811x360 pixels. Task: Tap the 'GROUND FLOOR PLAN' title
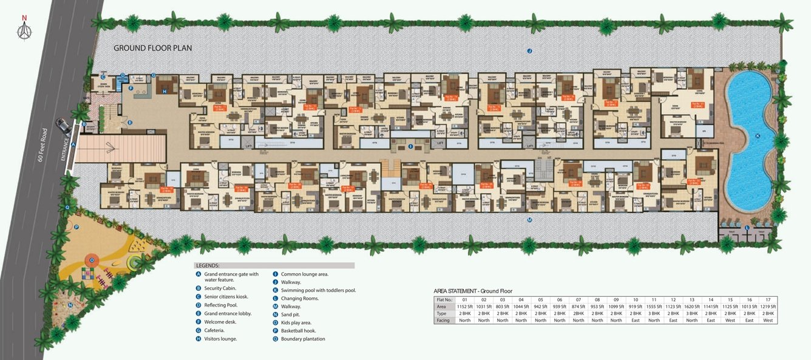(153, 48)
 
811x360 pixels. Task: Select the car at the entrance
(64, 126)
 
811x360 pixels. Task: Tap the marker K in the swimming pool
(758, 136)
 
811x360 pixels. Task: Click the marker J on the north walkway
(529, 51)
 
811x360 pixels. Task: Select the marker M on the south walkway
(529, 220)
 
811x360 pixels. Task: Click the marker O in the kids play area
(92, 260)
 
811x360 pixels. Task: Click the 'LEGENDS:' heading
(208, 266)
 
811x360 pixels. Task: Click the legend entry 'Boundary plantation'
(303, 339)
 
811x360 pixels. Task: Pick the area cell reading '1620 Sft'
(692, 307)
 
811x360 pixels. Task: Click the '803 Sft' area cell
(503, 307)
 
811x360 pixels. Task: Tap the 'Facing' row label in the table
(443, 320)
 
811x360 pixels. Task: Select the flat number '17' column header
(768, 300)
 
